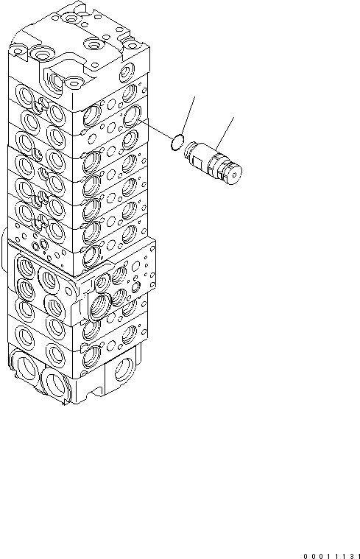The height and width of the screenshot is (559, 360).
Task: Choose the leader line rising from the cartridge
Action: [225, 137]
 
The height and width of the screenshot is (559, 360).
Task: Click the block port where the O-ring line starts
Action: [133, 115]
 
